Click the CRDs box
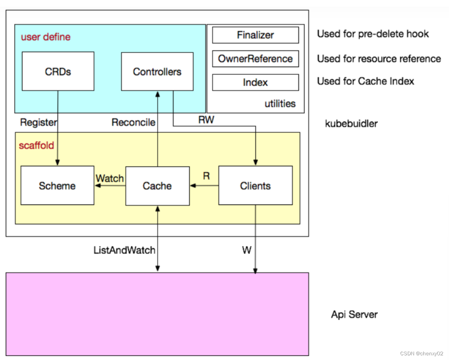(x=58, y=71)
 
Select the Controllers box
(x=157, y=71)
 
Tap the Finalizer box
(x=255, y=35)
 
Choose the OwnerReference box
(x=255, y=59)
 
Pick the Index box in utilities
(x=255, y=83)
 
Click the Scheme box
(x=57, y=186)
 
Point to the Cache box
(x=157, y=186)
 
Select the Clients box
(x=255, y=186)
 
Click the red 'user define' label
(x=46, y=37)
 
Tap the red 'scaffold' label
(x=36, y=146)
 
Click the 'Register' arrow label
(x=38, y=122)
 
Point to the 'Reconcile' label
(x=133, y=122)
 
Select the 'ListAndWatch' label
(x=124, y=250)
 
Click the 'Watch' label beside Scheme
(x=110, y=178)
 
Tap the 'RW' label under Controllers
(x=206, y=120)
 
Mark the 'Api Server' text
(x=354, y=314)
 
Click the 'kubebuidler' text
(x=351, y=124)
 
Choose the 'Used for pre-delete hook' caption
(x=373, y=34)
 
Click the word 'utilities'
(x=280, y=104)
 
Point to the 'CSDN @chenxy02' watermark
(x=422, y=353)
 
